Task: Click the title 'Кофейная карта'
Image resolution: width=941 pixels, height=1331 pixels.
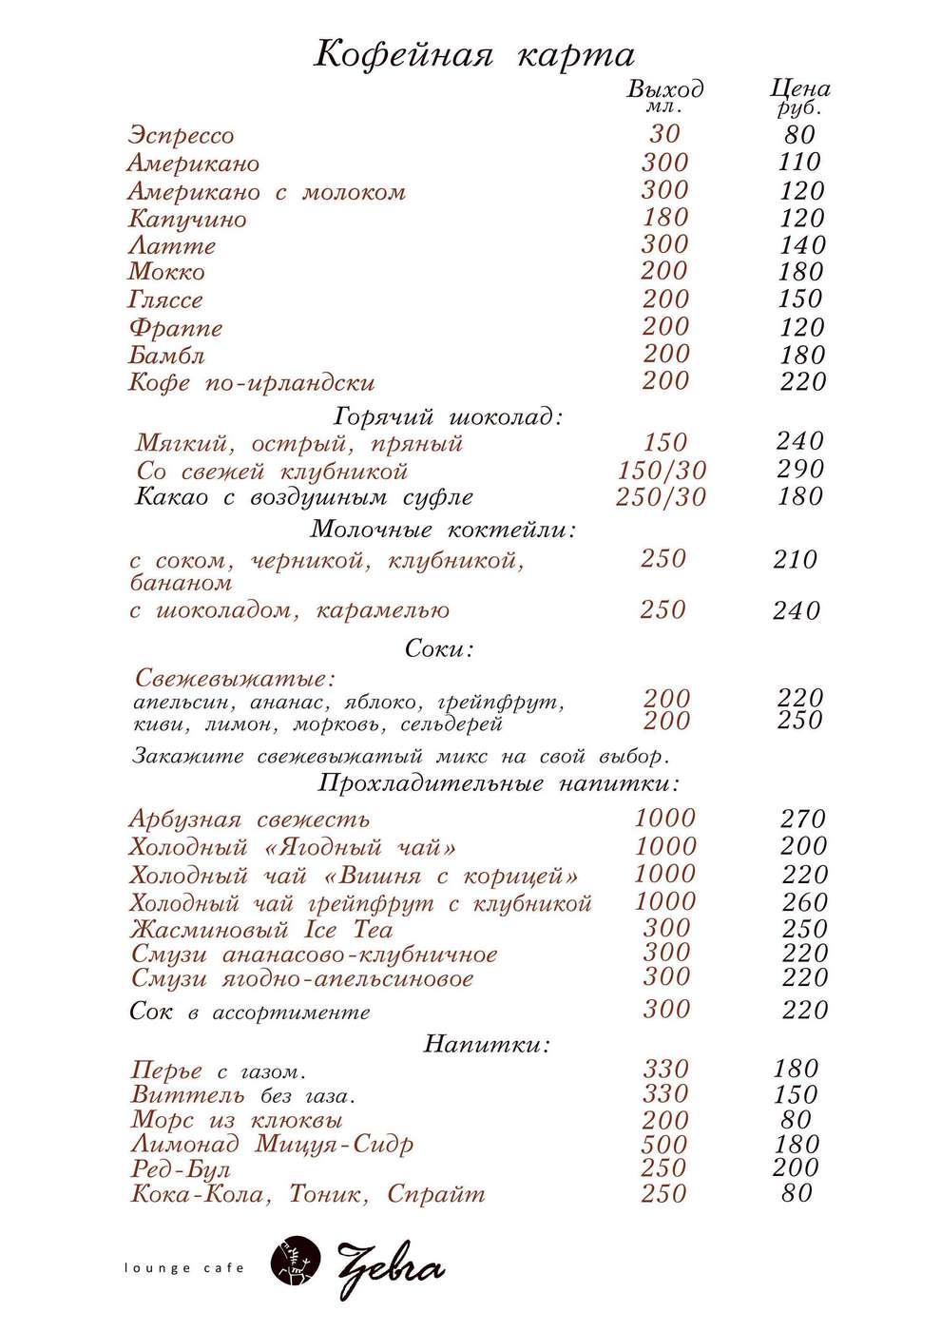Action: pyautogui.click(x=473, y=54)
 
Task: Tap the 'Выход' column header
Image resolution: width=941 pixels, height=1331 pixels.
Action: pyautogui.click(x=664, y=90)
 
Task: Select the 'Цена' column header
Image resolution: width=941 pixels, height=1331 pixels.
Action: pyautogui.click(x=799, y=89)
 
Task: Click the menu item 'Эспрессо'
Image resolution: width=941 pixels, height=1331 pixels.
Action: pyautogui.click(x=181, y=135)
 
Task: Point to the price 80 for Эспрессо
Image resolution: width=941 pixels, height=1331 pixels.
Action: pyautogui.click(x=800, y=135)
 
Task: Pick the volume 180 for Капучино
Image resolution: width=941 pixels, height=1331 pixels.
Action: pyautogui.click(x=664, y=218)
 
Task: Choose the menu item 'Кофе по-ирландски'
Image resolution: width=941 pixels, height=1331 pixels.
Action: pyautogui.click(x=251, y=383)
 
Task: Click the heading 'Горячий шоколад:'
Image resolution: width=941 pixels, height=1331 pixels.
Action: pyautogui.click(x=449, y=416)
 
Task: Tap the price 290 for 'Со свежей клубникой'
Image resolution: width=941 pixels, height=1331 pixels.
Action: pyautogui.click(x=799, y=469)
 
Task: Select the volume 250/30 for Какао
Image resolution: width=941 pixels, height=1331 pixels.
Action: pyautogui.click(x=661, y=497)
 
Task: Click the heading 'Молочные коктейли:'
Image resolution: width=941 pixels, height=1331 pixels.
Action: pyautogui.click(x=444, y=530)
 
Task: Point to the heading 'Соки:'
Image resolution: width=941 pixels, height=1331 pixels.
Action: pyautogui.click(x=439, y=649)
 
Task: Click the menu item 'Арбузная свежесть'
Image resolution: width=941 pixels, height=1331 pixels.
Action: pyautogui.click(x=249, y=820)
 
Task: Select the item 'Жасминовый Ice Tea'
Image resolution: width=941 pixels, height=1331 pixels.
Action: pyautogui.click(x=261, y=929)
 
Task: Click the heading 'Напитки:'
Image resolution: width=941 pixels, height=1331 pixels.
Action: pyautogui.click(x=487, y=1044)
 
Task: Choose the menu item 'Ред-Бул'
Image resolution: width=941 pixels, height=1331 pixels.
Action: pyautogui.click(x=181, y=1169)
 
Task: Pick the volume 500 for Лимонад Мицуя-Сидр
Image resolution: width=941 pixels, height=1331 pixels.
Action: pyautogui.click(x=663, y=1145)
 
